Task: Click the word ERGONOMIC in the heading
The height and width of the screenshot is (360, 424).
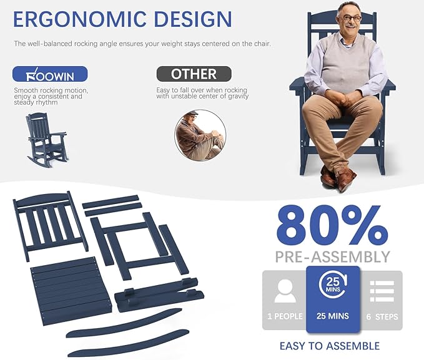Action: pos(79,19)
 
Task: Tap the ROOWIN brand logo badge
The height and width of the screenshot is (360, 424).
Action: pos(50,74)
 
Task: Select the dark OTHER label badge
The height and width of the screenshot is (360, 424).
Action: pos(194,74)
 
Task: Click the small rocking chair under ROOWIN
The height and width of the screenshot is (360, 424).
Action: pos(46,140)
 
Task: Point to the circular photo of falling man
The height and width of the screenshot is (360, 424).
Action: pos(200,135)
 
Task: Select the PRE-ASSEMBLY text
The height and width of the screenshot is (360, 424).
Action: pos(332,257)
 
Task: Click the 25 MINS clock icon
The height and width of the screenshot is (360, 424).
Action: pos(333,285)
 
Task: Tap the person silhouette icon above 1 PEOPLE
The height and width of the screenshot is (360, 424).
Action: pos(285,291)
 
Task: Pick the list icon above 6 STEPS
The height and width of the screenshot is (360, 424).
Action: pos(382,291)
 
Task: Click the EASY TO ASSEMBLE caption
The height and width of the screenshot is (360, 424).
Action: pos(330,346)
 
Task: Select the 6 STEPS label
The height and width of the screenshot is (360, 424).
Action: pos(382,316)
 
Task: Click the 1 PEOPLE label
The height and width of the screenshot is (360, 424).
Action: pos(285,316)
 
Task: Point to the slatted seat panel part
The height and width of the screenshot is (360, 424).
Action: pos(72,291)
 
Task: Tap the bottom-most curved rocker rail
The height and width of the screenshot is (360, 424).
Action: pos(129,343)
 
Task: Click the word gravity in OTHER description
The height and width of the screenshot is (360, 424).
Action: pos(239,97)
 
